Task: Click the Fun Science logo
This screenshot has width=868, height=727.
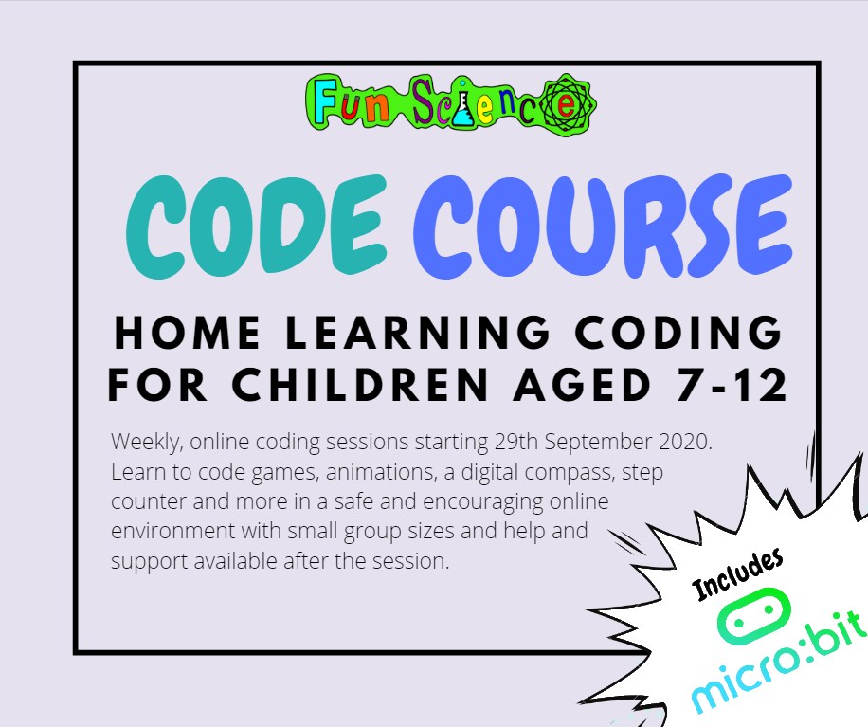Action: [x=451, y=102]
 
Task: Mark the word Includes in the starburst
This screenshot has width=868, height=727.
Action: [x=738, y=574]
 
